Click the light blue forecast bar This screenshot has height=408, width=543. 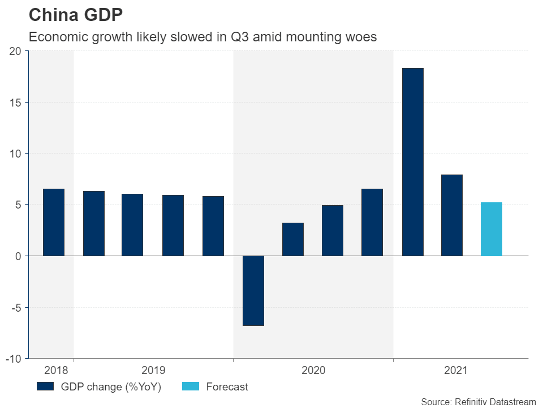491,229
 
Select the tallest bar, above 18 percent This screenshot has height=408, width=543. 412,162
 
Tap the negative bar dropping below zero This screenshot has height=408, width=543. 253,290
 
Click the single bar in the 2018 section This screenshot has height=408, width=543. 54,222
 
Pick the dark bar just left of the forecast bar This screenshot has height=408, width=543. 452,215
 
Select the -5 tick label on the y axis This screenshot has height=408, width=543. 15,308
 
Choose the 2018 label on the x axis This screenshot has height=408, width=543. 55,371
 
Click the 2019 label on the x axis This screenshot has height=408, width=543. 153,371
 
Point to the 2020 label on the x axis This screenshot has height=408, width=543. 313,371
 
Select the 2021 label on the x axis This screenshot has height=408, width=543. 456,371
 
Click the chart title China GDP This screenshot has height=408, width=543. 75,15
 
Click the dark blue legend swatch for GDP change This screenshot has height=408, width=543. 45,387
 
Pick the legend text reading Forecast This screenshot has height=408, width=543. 227,387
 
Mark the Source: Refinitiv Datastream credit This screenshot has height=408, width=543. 478,401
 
